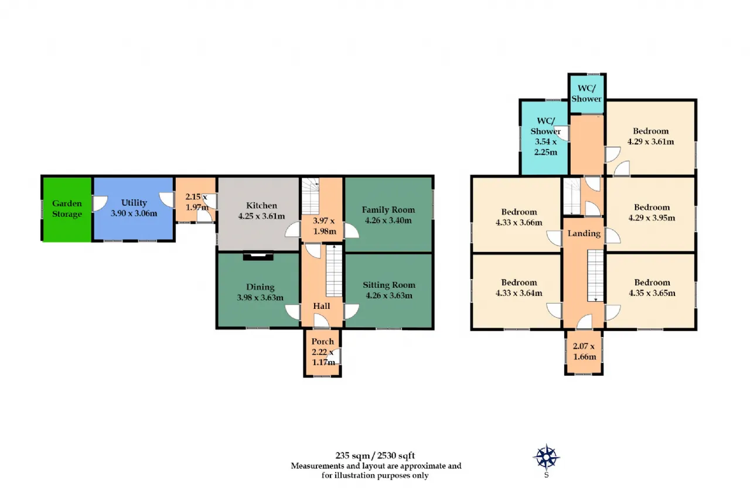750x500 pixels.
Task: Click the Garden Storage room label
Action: tap(67, 209)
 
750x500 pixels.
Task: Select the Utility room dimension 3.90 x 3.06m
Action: tap(134, 213)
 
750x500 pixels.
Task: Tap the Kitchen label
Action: tap(261, 205)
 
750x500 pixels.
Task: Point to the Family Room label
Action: tap(388, 210)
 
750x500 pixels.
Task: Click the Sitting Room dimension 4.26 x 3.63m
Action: tap(389, 295)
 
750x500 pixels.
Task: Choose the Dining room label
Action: tap(260, 287)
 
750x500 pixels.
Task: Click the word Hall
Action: tap(322, 306)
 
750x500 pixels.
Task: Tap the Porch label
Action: tap(322, 341)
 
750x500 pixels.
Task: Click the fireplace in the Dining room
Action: tap(258, 257)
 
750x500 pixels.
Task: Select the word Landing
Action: tap(584, 233)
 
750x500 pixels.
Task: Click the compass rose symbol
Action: tap(546, 457)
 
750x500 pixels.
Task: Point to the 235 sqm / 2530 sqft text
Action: tap(375, 455)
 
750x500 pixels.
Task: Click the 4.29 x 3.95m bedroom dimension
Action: tap(652, 217)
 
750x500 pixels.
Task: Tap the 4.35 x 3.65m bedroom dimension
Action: tap(652, 293)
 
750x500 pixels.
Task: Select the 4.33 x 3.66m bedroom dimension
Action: tap(519, 222)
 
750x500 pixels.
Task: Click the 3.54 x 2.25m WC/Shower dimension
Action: tap(546, 147)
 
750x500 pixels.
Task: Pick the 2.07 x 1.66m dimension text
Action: tap(584, 351)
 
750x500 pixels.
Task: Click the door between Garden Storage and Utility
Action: tap(100, 203)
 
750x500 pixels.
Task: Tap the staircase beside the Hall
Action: tap(334, 271)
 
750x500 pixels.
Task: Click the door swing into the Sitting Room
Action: tap(352, 311)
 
